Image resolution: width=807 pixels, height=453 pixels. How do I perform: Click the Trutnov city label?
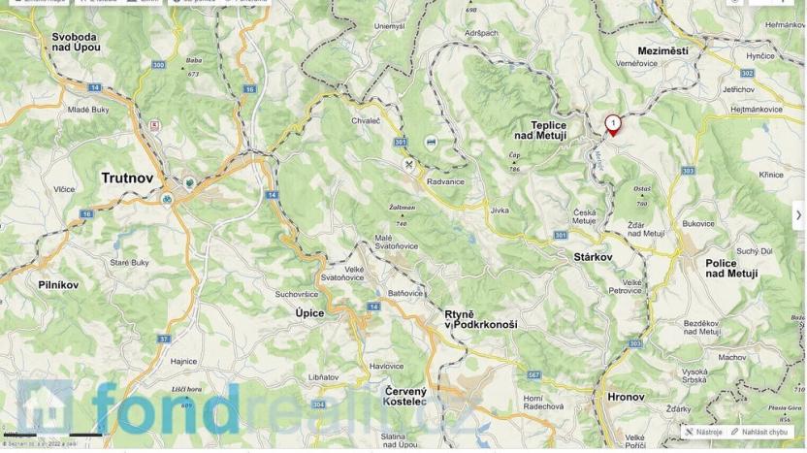[x=127, y=178]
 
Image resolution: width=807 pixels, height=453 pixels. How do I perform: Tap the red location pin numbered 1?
[x=613, y=124]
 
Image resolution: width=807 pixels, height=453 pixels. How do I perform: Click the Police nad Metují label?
[x=731, y=269]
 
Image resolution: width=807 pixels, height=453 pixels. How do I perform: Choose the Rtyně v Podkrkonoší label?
[x=480, y=319]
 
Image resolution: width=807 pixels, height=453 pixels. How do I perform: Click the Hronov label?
[x=626, y=397]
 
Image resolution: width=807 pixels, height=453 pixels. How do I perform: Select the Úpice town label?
[x=309, y=313]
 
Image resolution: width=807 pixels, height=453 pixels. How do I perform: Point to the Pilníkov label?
[x=58, y=285]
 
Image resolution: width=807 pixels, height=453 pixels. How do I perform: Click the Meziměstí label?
[x=663, y=50]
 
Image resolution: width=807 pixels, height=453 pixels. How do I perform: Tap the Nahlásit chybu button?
[x=762, y=432]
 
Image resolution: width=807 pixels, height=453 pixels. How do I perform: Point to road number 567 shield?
[x=533, y=374]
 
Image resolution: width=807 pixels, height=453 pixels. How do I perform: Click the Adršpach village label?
[x=481, y=32]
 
